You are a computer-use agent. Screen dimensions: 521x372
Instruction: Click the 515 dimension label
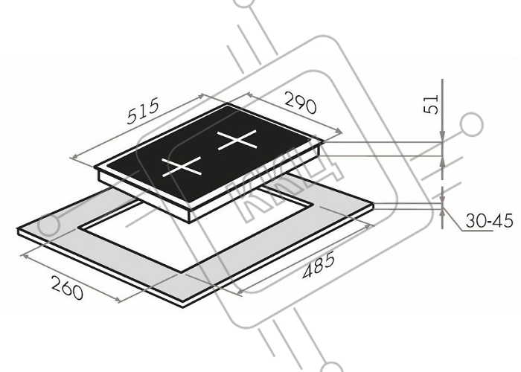[144, 111]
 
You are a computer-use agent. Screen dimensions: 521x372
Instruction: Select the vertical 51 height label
[432, 104]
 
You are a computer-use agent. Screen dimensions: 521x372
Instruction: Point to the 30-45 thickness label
[489, 220]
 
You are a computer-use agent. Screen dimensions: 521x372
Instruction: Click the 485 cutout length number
[319, 266]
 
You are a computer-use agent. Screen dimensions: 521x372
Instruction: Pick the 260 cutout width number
[67, 288]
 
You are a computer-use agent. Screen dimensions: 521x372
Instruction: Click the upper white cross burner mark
[237, 140]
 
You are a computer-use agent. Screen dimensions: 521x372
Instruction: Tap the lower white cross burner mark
[182, 166]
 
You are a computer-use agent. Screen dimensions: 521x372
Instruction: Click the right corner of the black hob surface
[323, 141]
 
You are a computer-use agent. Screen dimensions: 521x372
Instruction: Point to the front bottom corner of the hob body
[190, 222]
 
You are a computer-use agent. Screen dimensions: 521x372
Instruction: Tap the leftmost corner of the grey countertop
[18, 229]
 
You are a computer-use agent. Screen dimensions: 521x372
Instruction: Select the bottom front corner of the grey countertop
[183, 307]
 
